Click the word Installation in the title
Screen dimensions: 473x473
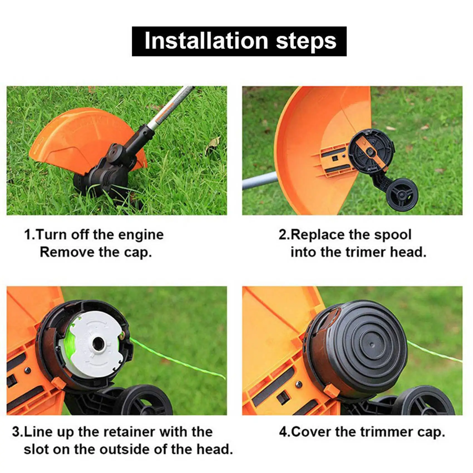click(x=206, y=41)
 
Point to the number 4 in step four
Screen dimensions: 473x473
click(x=283, y=432)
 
